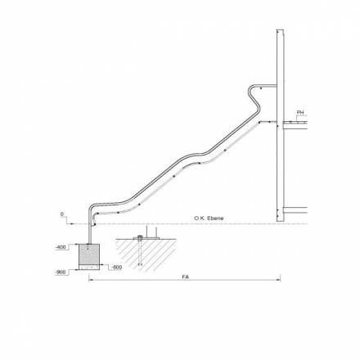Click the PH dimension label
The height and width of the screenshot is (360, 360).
point(300,112)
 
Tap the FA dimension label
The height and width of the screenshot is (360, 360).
point(186,277)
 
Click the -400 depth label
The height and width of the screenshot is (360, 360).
point(61,245)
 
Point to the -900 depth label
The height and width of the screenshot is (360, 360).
point(61,272)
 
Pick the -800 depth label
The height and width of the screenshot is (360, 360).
point(116,267)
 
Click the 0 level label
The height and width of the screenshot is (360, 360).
point(62,214)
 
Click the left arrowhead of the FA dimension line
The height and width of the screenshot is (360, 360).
point(90,281)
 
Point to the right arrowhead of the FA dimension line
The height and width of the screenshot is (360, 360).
point(278,281)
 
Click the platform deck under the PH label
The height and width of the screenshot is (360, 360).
point(299,122)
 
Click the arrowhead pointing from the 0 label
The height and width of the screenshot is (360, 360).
point(75,223)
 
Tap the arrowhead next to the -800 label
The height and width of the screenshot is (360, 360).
point(103,267)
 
